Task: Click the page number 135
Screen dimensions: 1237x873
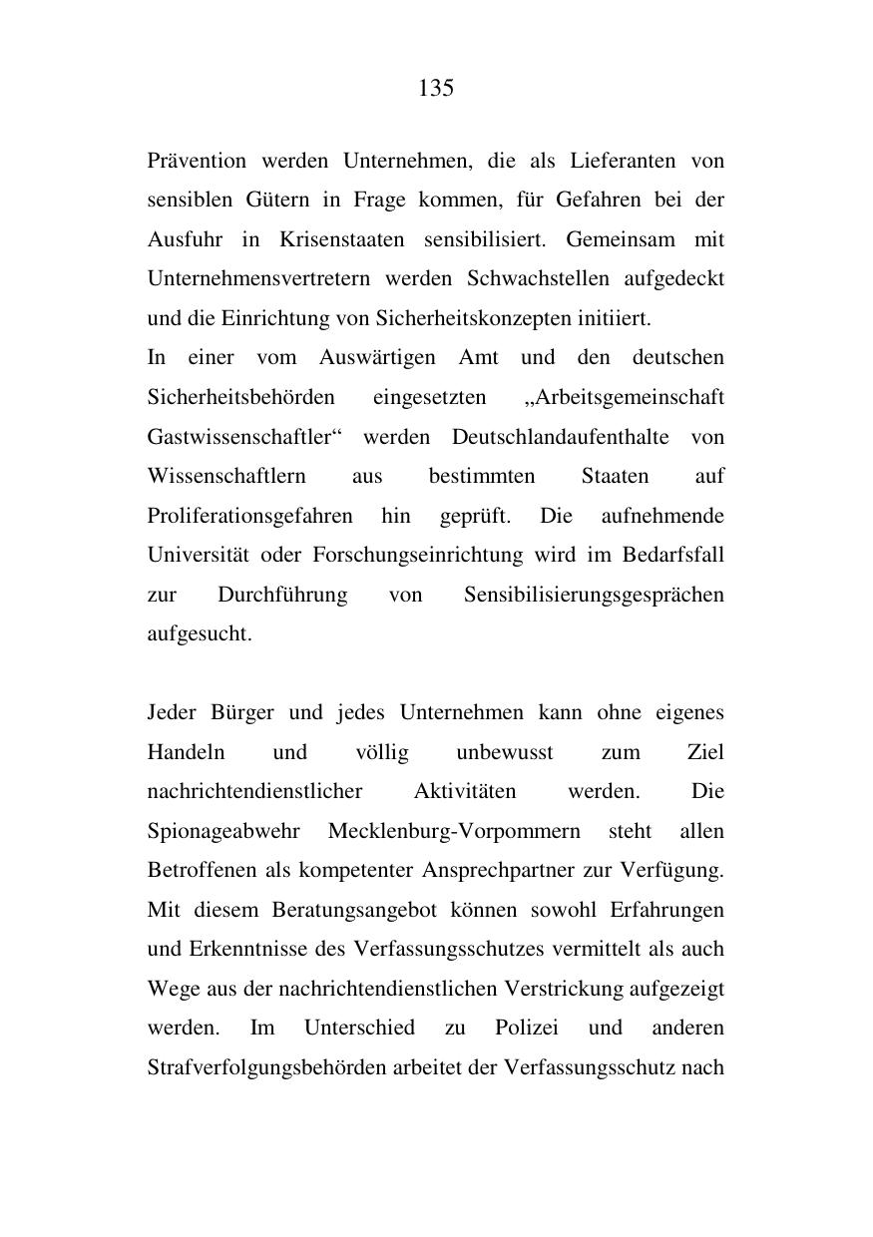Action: coord(436,89)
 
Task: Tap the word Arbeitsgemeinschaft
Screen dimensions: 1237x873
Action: coord(626,398)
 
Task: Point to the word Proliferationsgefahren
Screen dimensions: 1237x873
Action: coord(249,517)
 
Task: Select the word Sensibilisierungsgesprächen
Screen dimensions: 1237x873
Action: coord(594,596)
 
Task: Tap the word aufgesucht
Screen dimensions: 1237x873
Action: coord(200,634)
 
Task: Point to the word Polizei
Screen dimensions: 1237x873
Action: coord(526,1029)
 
